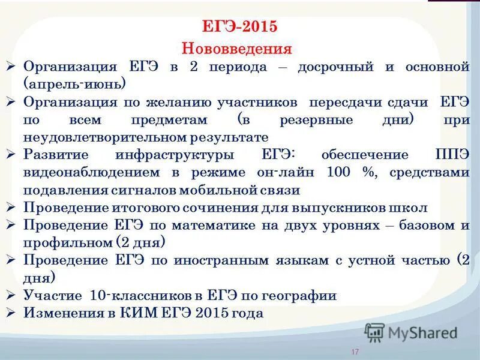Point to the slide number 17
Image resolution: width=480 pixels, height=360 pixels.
(x=355, y=352)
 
